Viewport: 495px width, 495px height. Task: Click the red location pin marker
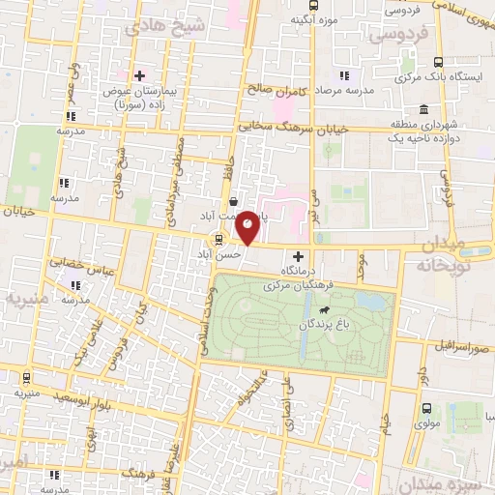click(x=247, y=227)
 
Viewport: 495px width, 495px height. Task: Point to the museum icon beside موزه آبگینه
click(x=294, y=19)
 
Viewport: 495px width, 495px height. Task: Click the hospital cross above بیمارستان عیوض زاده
click(x=141, y=74)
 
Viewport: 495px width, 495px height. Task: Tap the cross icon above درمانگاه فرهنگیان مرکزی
click(x=298, y=256)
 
